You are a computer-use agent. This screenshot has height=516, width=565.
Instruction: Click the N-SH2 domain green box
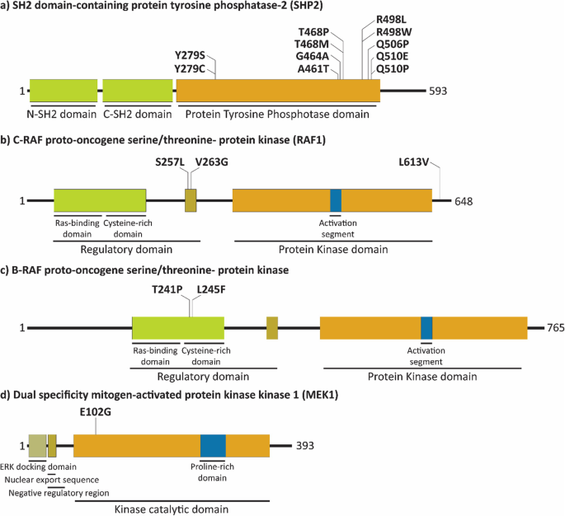[64, 91]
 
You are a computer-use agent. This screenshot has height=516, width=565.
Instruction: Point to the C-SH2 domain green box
[138, 91]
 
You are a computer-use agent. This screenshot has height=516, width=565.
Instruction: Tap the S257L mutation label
[171, 163]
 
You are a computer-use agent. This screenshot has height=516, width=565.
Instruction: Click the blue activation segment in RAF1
[336, 200]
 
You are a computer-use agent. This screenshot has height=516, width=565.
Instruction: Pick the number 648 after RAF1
[464, 200]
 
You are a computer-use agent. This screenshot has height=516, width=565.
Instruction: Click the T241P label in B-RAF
[167, 290]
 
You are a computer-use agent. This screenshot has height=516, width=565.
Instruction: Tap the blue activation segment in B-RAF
[426, 327]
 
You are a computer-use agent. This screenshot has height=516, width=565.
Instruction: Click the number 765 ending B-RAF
[555, 327]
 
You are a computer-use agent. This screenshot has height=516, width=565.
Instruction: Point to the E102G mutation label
[96, 410]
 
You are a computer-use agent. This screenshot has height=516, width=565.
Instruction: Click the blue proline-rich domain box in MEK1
[213, 445]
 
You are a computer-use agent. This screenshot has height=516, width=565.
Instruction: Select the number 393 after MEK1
[305, 445]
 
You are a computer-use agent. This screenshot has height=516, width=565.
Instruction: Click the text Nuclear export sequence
[52, 480]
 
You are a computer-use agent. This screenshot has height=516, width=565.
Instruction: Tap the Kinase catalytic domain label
[171, 509]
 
